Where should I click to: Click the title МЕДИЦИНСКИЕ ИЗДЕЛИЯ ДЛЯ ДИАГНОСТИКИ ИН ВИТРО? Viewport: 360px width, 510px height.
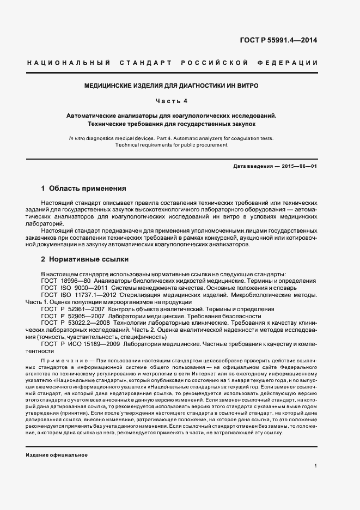coord(171,86)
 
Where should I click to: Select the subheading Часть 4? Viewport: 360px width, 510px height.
coord(171,101)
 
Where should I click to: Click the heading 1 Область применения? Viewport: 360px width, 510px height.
coord(83,189)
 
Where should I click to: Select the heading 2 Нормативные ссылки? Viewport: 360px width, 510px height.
coord(85,259)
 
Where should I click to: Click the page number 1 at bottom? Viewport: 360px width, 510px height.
coord(316,466)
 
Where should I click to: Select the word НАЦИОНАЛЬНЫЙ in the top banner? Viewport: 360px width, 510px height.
coord(69,63)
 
